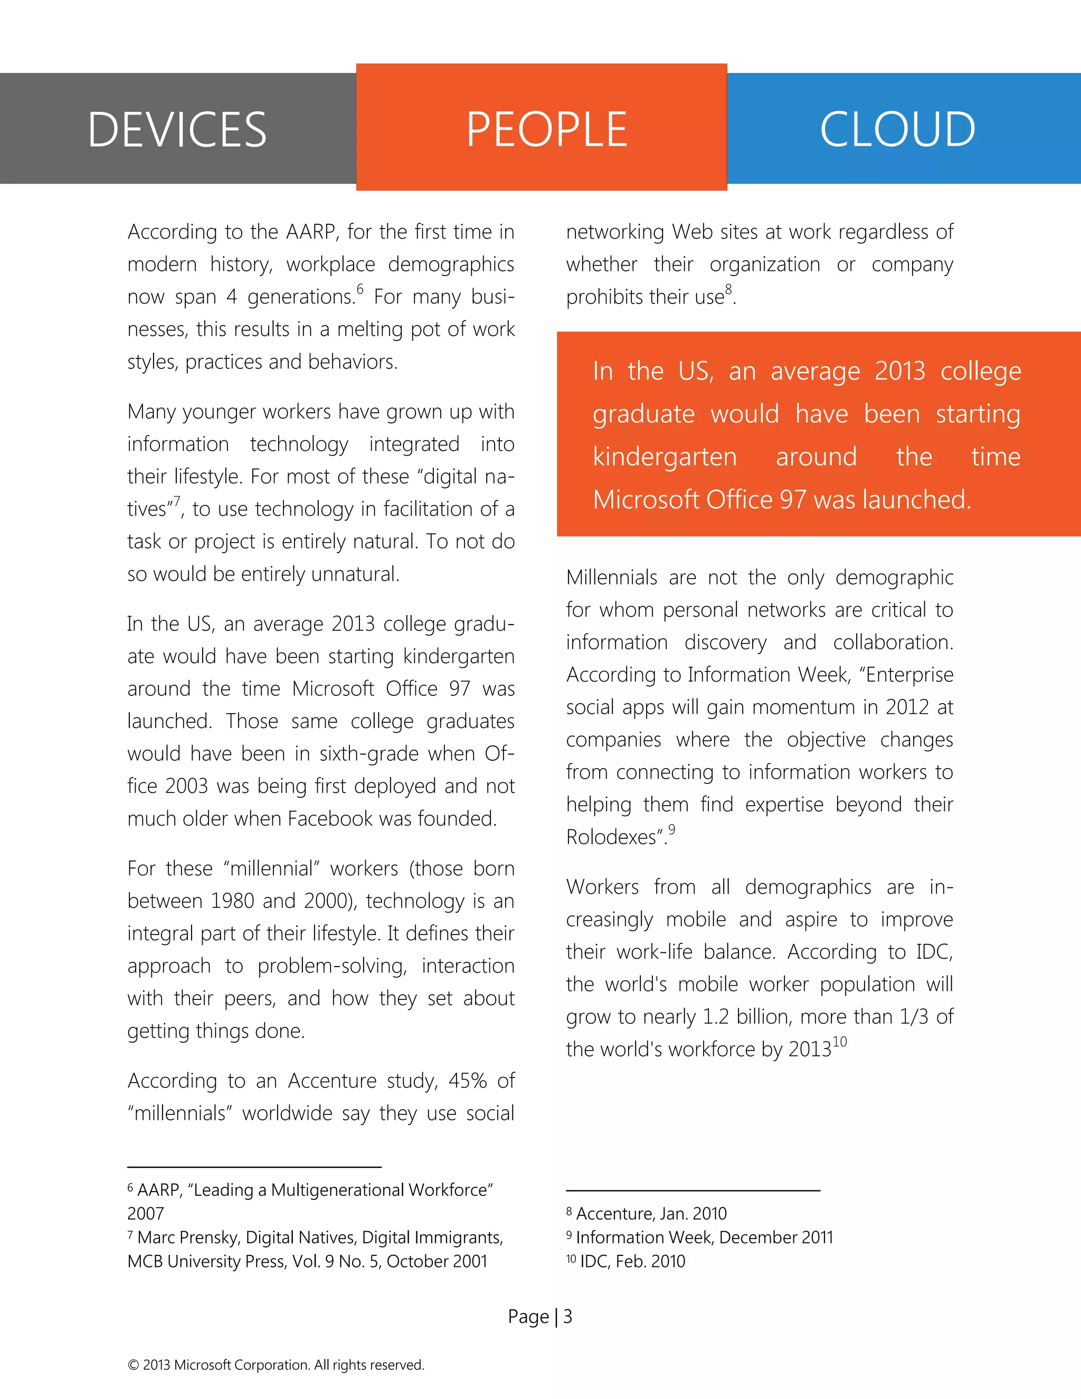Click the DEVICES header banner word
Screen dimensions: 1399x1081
pos(177,130)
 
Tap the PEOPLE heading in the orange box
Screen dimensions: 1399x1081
pos(546,130)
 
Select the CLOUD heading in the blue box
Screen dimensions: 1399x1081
pos(897,130)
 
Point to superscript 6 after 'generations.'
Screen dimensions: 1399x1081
pos(360,289)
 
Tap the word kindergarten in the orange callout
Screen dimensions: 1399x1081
pos(664,457)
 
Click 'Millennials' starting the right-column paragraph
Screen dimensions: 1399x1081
pos(611,578)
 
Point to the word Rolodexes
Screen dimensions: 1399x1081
pos(613,837)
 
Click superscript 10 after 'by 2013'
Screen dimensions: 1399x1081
pos(840,1042)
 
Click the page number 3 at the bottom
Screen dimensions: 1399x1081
pos(567,1316)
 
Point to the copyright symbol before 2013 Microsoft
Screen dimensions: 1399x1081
pos(133,1365)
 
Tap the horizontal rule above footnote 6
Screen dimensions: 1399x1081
pos(254,1167)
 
